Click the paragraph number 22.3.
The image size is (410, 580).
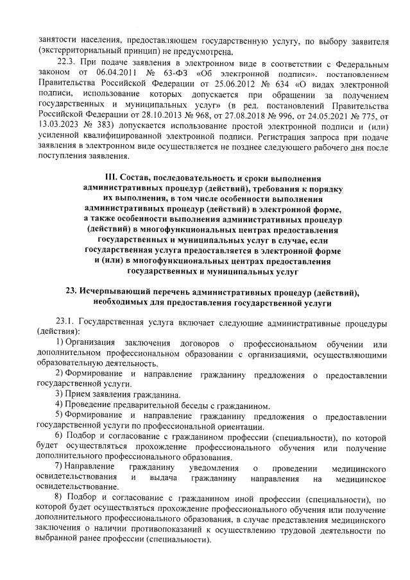click(x=69, y=65)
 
